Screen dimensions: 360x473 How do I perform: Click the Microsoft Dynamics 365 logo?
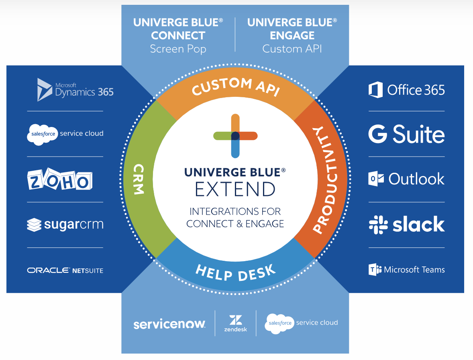coord(75,90)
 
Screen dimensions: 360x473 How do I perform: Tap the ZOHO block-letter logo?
coord(59,180)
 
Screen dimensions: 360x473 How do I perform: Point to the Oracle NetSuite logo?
coord(65,270)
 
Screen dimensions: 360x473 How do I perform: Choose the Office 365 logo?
coord(406,90)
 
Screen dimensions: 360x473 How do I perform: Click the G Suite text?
coord(406,134)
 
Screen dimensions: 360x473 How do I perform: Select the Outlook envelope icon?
coord(376,179)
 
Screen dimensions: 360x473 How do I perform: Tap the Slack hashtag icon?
coord(378,225)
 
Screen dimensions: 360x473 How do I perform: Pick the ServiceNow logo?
coord(169,324)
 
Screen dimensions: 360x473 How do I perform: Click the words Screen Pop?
coord(178,49)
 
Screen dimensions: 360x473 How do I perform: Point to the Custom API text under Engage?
coord(292,49)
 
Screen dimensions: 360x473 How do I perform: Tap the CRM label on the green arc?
coord(138,179)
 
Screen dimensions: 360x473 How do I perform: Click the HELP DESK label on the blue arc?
coord(236,273)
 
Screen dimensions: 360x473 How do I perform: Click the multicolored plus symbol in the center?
coord(235,135)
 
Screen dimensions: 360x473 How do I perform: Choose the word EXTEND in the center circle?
coord(235,189)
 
